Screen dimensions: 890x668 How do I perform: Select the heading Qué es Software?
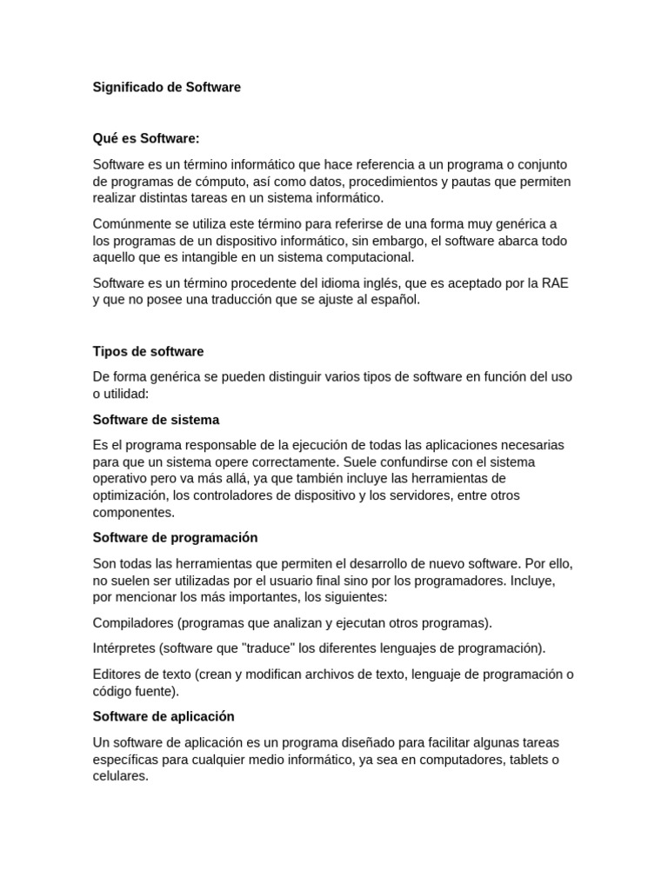click(x=146, y=138)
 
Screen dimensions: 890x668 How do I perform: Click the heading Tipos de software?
click(x=148, y=351)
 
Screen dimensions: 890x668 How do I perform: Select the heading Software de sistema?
click(x=156, y=419)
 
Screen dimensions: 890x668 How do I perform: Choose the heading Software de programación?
click(x=175, y=537)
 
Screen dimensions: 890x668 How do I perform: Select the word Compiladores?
click(x=133, y=622)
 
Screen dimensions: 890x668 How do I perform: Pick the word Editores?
click(x=118, y=674)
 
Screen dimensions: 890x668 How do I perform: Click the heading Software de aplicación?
click(x=164, y=716)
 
